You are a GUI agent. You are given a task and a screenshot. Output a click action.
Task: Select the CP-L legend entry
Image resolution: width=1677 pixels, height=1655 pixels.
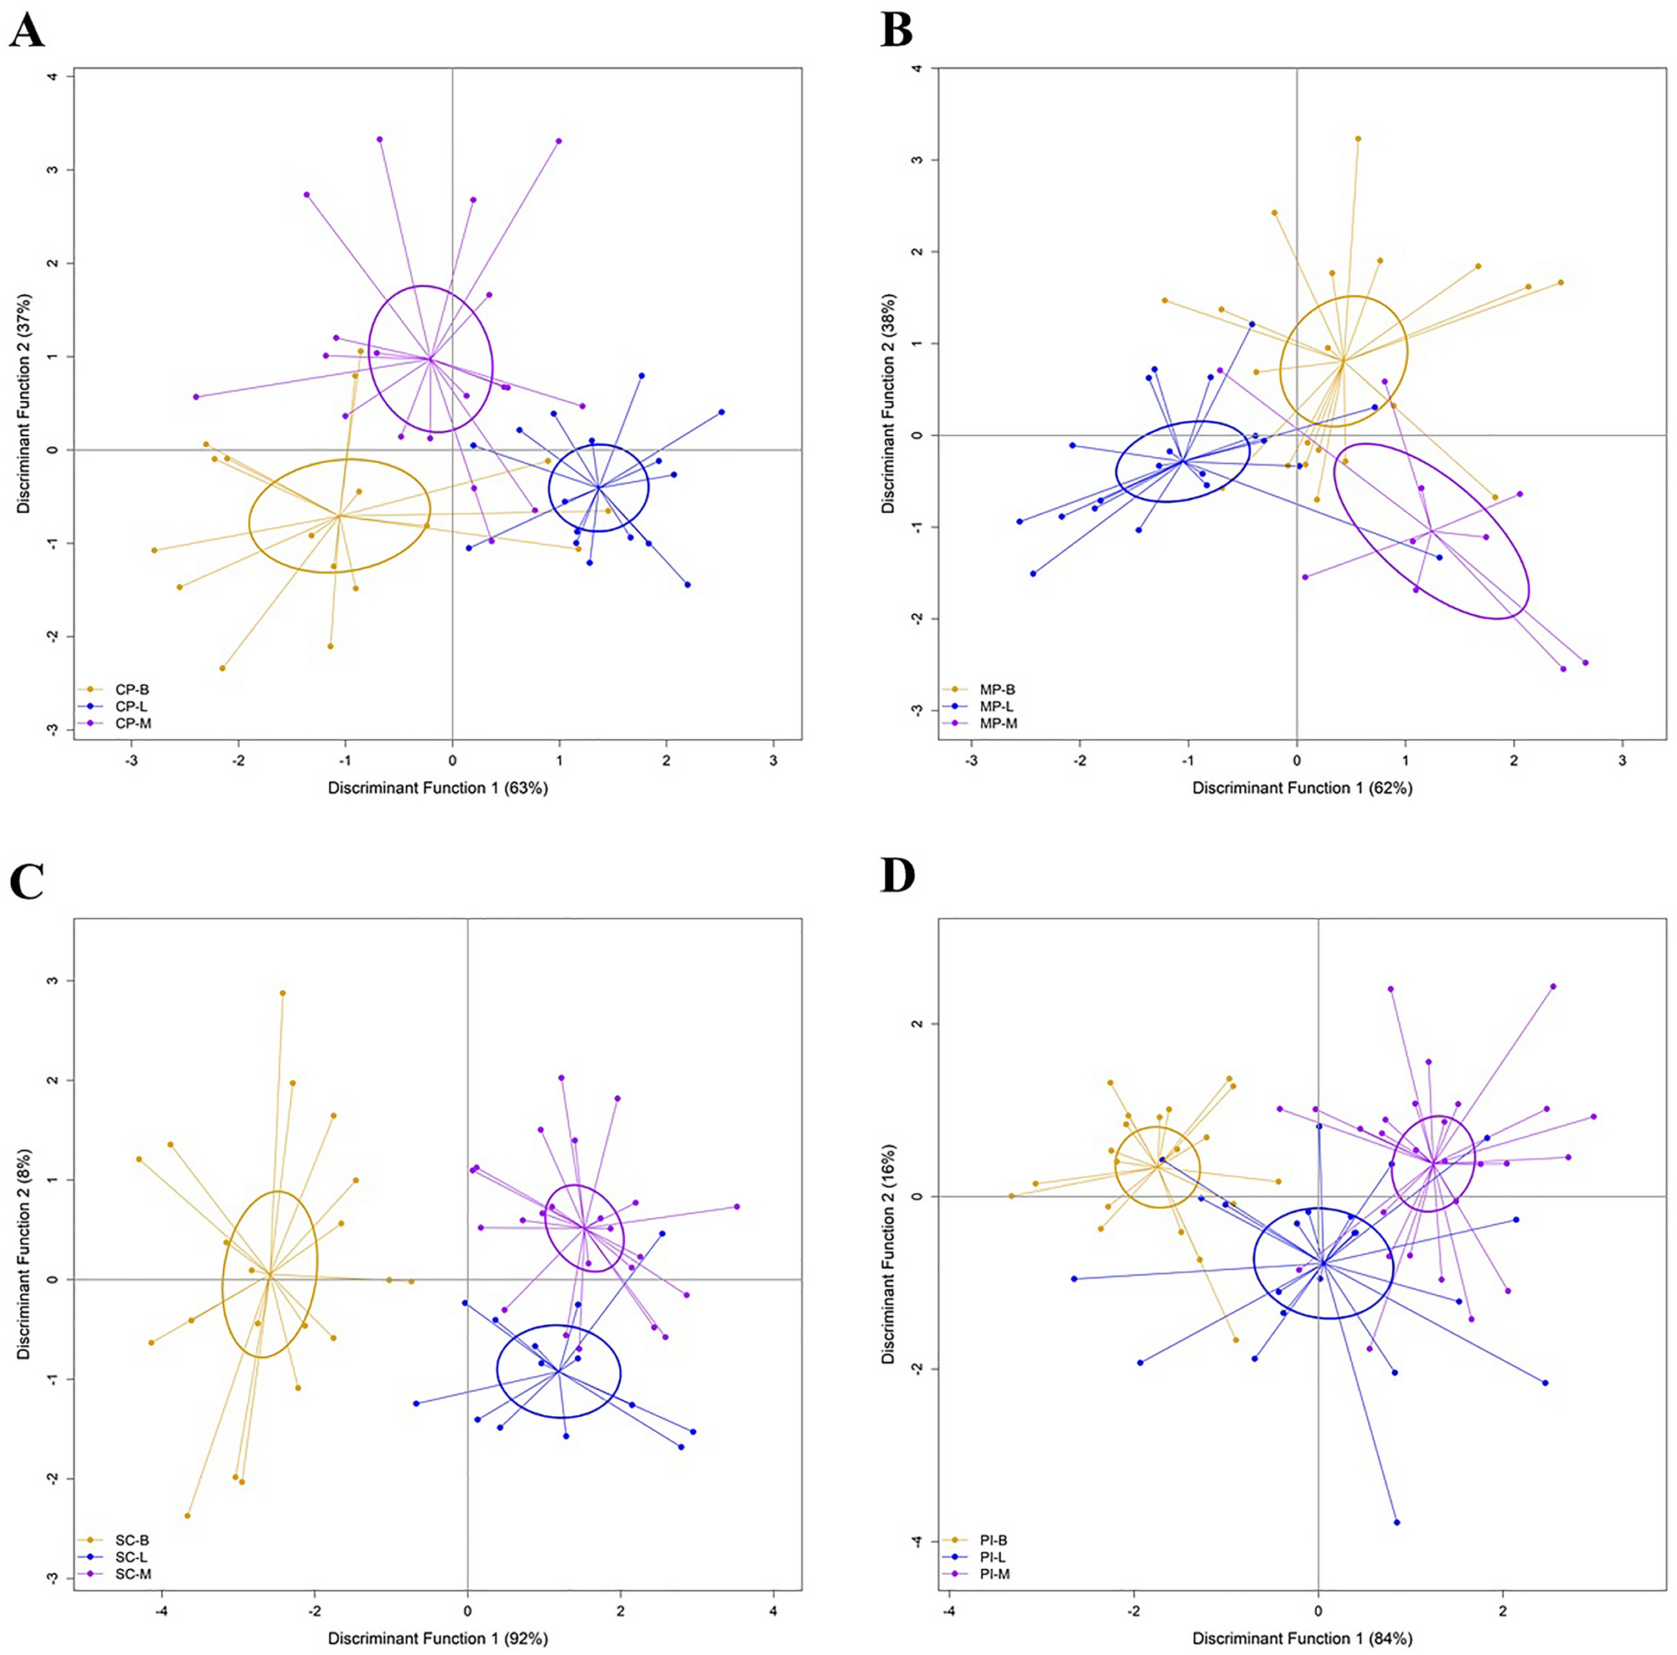pyautogui.click(x=131, y=706)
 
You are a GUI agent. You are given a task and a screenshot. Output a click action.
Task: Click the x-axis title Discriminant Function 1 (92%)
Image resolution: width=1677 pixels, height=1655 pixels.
pyautogui.click(x=438, y=1637)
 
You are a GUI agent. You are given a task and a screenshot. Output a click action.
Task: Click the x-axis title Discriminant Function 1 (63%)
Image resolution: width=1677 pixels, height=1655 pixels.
pyautogui.click(x=438, y=788)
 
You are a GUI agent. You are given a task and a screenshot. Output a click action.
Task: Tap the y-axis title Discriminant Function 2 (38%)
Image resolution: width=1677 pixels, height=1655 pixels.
pyautogui.click(x=887, y=404)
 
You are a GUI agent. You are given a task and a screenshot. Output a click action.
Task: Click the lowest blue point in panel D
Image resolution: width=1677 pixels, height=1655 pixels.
pyautogui.click(x=1396, y=1521)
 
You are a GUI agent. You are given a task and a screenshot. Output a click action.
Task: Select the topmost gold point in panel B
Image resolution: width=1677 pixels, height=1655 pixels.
pyautogui.click(x=1359, y=139)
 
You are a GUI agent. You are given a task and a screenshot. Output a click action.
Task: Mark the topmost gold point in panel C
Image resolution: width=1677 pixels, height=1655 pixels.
pyautogui.click(x=282, y=992)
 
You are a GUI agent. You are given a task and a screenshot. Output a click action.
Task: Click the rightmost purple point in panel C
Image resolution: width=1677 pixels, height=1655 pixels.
pyautogui.click(x=737, y=1206)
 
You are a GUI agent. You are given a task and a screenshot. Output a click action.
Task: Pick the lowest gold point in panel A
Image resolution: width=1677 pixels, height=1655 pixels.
pyautogui.click(x=222, y=668)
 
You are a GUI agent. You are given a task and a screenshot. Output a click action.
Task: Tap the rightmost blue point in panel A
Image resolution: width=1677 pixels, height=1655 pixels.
pyautogui.click(x=721, y=412)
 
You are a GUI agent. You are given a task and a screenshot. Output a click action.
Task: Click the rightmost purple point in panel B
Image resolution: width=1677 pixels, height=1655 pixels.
pyautogui.click(x=1585, y=663)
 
